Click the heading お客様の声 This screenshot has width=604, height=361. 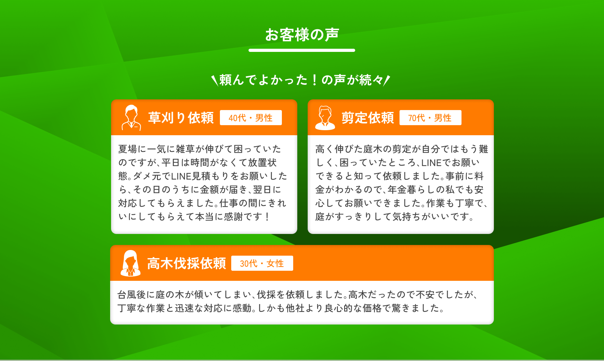pyautogui.click(x=302, y=35)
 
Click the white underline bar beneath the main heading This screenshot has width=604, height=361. pyautogui.click(x=302, y=50)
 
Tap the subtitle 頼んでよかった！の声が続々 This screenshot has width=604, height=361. pyautogui.click(x=301, y=80)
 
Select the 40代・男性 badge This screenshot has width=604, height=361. pyautogui.click(x=251, y=118)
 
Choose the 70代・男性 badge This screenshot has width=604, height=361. pyautogui.click(x=430, y=118)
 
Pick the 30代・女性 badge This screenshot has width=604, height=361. pyautogui.click(x=262, y=263)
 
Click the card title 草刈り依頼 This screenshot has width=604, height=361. pyautogui.click(x=181, y=118)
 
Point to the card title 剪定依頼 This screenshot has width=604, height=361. pyautogui.click(x=367, y=118)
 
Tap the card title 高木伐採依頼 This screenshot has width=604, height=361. pyautogui.click(x=187, y=263)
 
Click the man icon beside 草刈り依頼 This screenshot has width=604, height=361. pyautogui.click(x=131, y=118)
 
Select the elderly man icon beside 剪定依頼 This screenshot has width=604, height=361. pyautogui.click(x=325, y=118)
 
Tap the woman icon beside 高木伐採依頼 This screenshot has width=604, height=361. pyautogui.click(x=131, y=263)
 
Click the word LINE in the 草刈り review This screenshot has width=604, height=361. pyautogui.click(x=181, y=176)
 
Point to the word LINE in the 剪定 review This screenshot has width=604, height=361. pyautogui.click(x=431, y=163)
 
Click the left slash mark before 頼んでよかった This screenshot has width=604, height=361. pyautogui.click(x=215, y=80)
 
